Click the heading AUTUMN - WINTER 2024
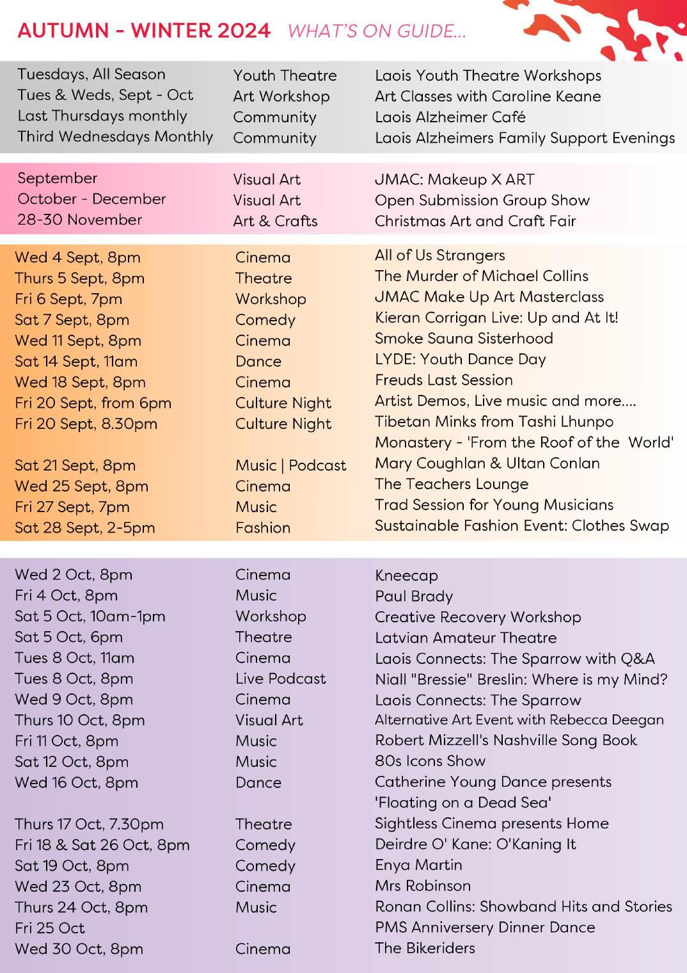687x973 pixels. coord(144,31)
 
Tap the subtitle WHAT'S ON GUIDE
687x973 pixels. coord(376,31)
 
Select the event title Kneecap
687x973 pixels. coord(406,575)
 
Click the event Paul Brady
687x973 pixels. coord(414,597)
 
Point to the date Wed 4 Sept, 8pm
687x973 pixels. coord(77,257)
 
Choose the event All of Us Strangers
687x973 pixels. coord(439,255)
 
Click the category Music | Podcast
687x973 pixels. coord(290,465)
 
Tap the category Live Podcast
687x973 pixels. coord(280,679)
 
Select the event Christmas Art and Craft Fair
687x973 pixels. coord(475,221)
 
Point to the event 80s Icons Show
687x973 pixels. coord(430,761)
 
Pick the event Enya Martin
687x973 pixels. coord(418,865)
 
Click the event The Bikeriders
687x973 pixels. coord(425,948)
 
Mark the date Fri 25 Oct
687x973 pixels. coord(50,928)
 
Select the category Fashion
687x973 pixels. coord(262,527)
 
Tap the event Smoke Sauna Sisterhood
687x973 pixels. coord(464,339)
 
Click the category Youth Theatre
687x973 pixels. coord(285,76)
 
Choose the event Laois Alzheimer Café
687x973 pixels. coord(450,117)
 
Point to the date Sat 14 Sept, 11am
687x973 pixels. coord(76,361)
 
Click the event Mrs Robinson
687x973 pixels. coord(422,886)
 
